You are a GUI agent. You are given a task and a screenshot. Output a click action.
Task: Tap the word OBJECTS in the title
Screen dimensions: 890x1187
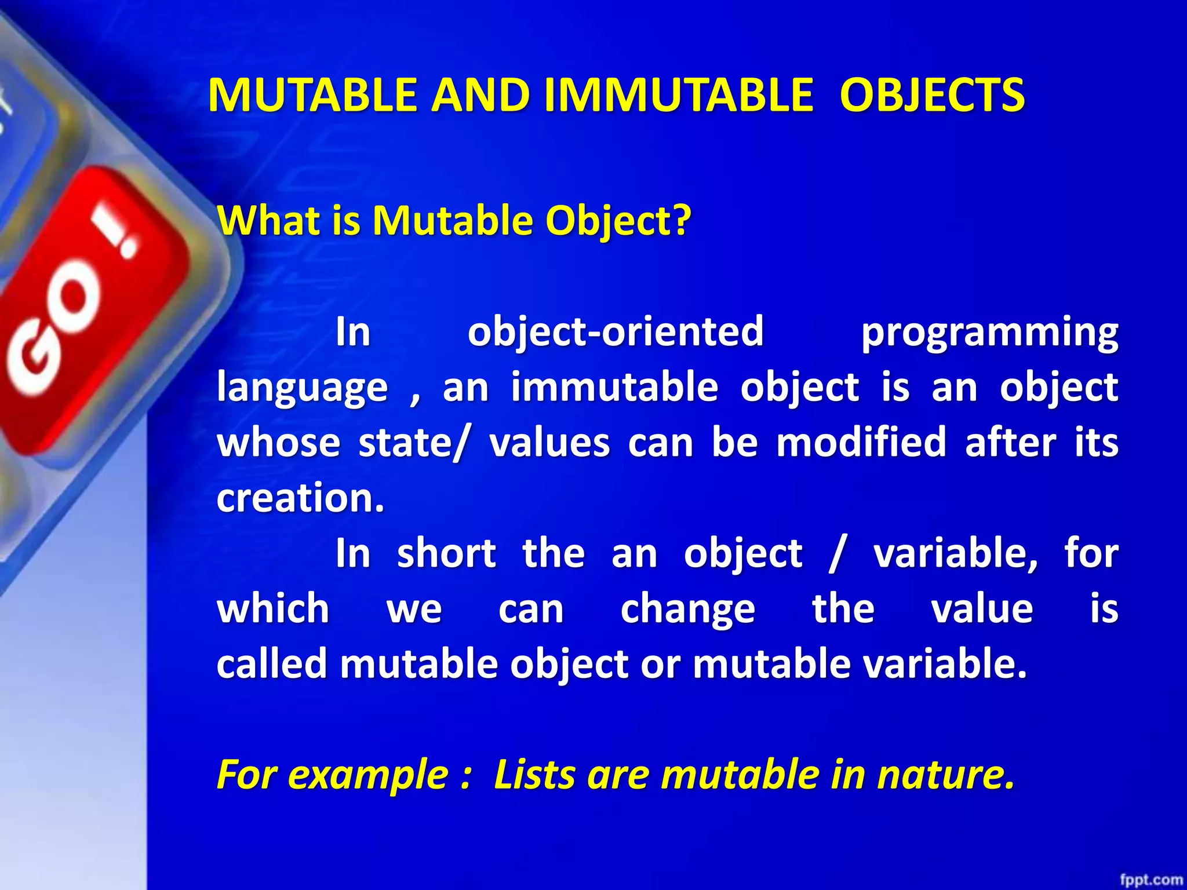click(x=933, y=96)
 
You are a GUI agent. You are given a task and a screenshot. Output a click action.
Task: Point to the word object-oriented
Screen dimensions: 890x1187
click(x=616, y=331)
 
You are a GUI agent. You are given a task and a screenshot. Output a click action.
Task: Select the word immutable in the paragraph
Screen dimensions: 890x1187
click(x=614, y=387)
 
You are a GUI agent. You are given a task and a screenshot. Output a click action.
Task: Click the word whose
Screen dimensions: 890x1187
click(x=278, y=443)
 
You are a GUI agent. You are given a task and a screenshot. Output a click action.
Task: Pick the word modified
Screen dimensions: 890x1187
click(x=861, y=443)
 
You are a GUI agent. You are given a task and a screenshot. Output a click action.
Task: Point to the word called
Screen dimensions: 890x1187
click(x=272, y=663)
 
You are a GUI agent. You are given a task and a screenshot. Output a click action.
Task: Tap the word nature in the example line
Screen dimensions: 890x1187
click(x=944, y=775)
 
